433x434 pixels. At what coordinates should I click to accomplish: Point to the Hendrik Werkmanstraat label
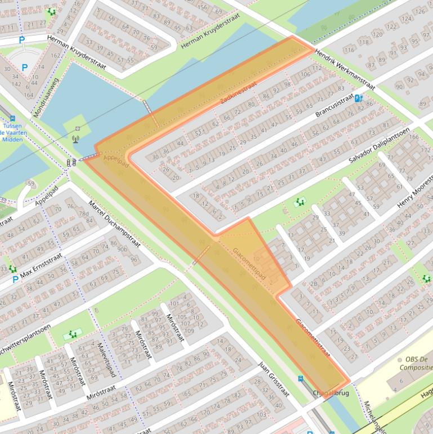pos(345,69)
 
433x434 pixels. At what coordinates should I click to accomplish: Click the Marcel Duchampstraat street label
pos(114,223)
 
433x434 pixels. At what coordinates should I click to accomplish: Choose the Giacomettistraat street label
pos(313,338)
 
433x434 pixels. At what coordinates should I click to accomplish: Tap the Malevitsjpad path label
pos(106,360)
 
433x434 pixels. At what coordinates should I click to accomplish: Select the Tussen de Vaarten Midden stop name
pos(12,133)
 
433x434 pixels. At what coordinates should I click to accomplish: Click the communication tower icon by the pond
pos(76,138)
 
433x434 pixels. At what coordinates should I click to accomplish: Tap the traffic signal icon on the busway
pos(72,162)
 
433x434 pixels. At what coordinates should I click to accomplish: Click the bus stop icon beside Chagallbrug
pos(301,379)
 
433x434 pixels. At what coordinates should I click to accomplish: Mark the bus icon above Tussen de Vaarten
pos(12,119)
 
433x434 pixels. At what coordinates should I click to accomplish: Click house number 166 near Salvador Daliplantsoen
pos(414,136)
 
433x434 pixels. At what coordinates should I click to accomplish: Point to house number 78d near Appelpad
pos(84,214)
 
